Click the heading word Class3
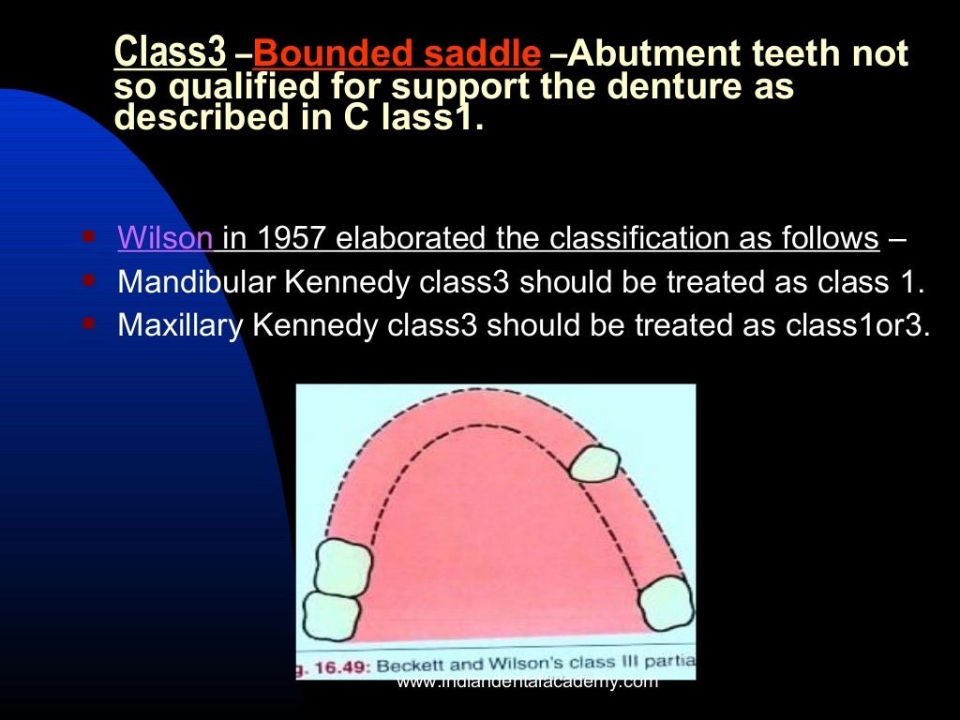coord(169,53)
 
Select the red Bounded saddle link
coord(397,54)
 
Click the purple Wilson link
coord(165,238)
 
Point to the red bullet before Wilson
coord(89,236)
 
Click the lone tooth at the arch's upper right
coord(595,464)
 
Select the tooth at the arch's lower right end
coord(667,604)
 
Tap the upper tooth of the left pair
coord(341,566)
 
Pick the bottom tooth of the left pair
coord(332,616)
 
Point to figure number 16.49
coord(352,665)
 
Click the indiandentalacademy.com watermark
coord(527,682)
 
